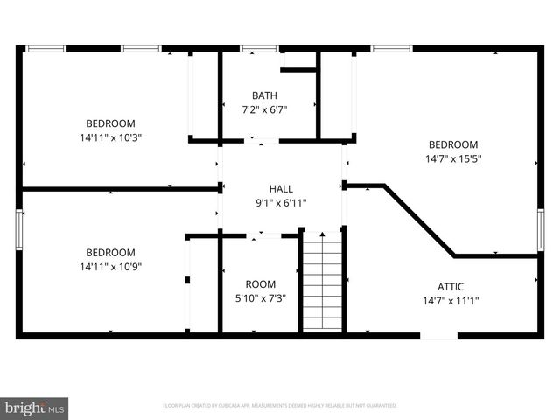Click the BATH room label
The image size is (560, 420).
pos(264,95)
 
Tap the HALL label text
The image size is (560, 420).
pos(281,188)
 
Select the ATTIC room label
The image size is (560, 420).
pos(451,286)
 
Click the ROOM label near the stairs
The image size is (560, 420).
pos(260,284)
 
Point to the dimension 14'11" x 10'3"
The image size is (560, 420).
pos(110,137)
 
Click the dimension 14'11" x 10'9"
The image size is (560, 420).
pos(110,267)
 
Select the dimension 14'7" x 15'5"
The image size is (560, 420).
pos(453,158)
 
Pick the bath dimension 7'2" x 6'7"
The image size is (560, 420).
pos(264,109)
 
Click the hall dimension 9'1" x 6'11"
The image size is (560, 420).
pos(281,202)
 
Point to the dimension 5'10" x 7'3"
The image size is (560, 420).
pos(260,298)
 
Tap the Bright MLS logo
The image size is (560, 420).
pos(35,408)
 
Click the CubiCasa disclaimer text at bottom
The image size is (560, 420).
pos(280,406)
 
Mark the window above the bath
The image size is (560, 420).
pos(254,48)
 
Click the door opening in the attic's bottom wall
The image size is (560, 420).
pos(438,334)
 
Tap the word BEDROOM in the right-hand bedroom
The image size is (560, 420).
pos(453,144)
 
